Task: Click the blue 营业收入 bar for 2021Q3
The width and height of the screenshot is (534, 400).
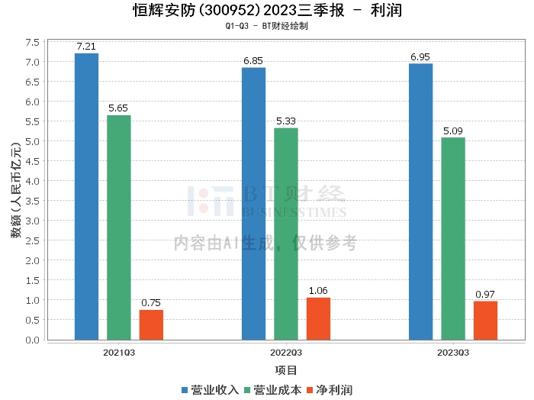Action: (x=86, y=196)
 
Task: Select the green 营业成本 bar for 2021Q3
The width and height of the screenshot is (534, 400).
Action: (x=119, y=227)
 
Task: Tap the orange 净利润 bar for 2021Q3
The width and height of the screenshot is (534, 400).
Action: (x=151, y=324)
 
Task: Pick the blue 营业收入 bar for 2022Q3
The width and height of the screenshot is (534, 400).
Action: (x=253, y=203)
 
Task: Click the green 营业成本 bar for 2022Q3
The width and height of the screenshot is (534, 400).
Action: (x=286, y=234)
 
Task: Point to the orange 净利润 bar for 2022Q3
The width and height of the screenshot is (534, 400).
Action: (x=318, y=318)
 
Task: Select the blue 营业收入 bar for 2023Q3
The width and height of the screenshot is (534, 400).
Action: (x=420, y=202)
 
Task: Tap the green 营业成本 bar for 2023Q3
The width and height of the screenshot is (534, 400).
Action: (x=453, y=238)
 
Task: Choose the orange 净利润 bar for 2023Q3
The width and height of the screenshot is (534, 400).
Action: (x=485, y=321)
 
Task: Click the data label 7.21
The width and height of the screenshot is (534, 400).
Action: (x=86, y=47)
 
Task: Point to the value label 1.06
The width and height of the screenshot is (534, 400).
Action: (x=318, y=291)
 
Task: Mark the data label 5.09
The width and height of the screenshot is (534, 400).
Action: (x=453, y=131)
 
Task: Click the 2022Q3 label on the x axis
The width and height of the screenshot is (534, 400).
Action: (x=286, y=353)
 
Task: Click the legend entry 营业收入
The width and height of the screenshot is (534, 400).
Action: (x=210, y=390)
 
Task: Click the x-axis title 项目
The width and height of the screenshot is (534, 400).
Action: (x=286, y=370)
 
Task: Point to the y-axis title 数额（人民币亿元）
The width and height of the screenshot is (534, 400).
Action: (x=15, y=191)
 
